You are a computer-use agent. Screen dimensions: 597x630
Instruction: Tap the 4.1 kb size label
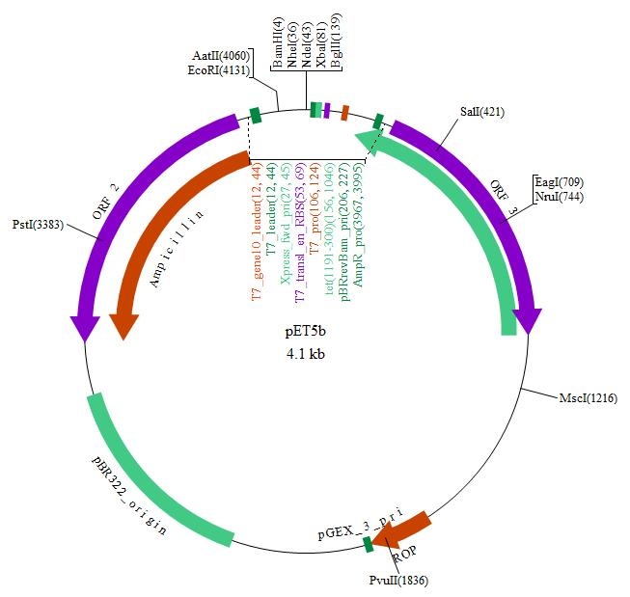(305, 353)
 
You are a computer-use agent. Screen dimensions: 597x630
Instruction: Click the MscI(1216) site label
(588, 397)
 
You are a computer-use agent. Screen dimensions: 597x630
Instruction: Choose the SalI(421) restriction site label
(482, 112)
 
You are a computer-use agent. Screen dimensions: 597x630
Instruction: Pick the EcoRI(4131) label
(219, 69)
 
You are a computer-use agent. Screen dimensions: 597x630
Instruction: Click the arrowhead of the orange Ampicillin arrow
(123, 324)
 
